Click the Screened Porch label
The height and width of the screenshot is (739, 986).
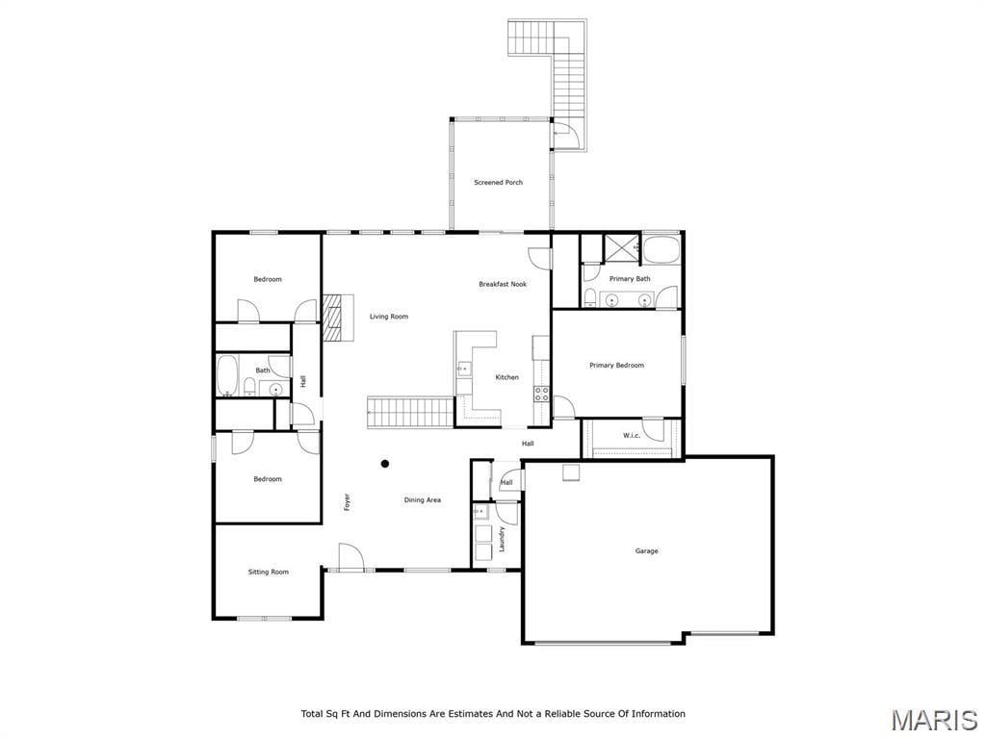498,182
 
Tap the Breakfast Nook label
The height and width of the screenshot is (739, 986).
503,284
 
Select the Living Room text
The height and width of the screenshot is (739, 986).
389,317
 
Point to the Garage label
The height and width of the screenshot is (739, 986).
646,551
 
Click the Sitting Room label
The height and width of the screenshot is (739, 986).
268,572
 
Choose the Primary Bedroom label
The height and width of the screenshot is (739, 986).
616,365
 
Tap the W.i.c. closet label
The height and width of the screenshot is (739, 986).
632,435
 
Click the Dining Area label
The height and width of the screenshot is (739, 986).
422,500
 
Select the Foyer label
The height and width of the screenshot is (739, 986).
347,501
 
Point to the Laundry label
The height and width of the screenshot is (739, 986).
502,539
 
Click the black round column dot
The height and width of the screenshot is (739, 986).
385,464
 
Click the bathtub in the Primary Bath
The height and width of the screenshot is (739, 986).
662,249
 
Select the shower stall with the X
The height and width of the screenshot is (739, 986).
621,248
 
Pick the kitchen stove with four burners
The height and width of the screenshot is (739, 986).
541,394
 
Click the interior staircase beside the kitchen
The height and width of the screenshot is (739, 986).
410,412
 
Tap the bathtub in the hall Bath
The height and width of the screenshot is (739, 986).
227,376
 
